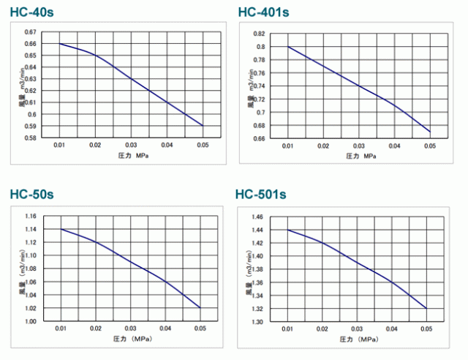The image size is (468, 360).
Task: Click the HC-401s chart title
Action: (x=263, y=12)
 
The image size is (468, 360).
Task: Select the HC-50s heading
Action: (x=31, y=194)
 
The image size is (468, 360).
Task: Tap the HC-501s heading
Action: (x=260, y=195)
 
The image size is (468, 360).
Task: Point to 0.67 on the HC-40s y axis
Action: (x=29, y=32)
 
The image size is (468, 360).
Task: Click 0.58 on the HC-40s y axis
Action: (x=29, y=137)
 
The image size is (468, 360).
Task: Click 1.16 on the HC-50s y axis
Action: (x=29, y=217)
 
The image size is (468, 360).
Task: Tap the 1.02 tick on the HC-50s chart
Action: (x=29, y=308)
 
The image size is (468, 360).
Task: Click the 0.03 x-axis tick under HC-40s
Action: (x=131, y=146)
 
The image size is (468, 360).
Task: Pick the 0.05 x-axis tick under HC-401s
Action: (x=429, y=146)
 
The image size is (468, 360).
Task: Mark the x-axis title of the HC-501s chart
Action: (x=358, y=340)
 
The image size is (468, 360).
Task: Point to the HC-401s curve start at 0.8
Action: (x=287, y=47)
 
